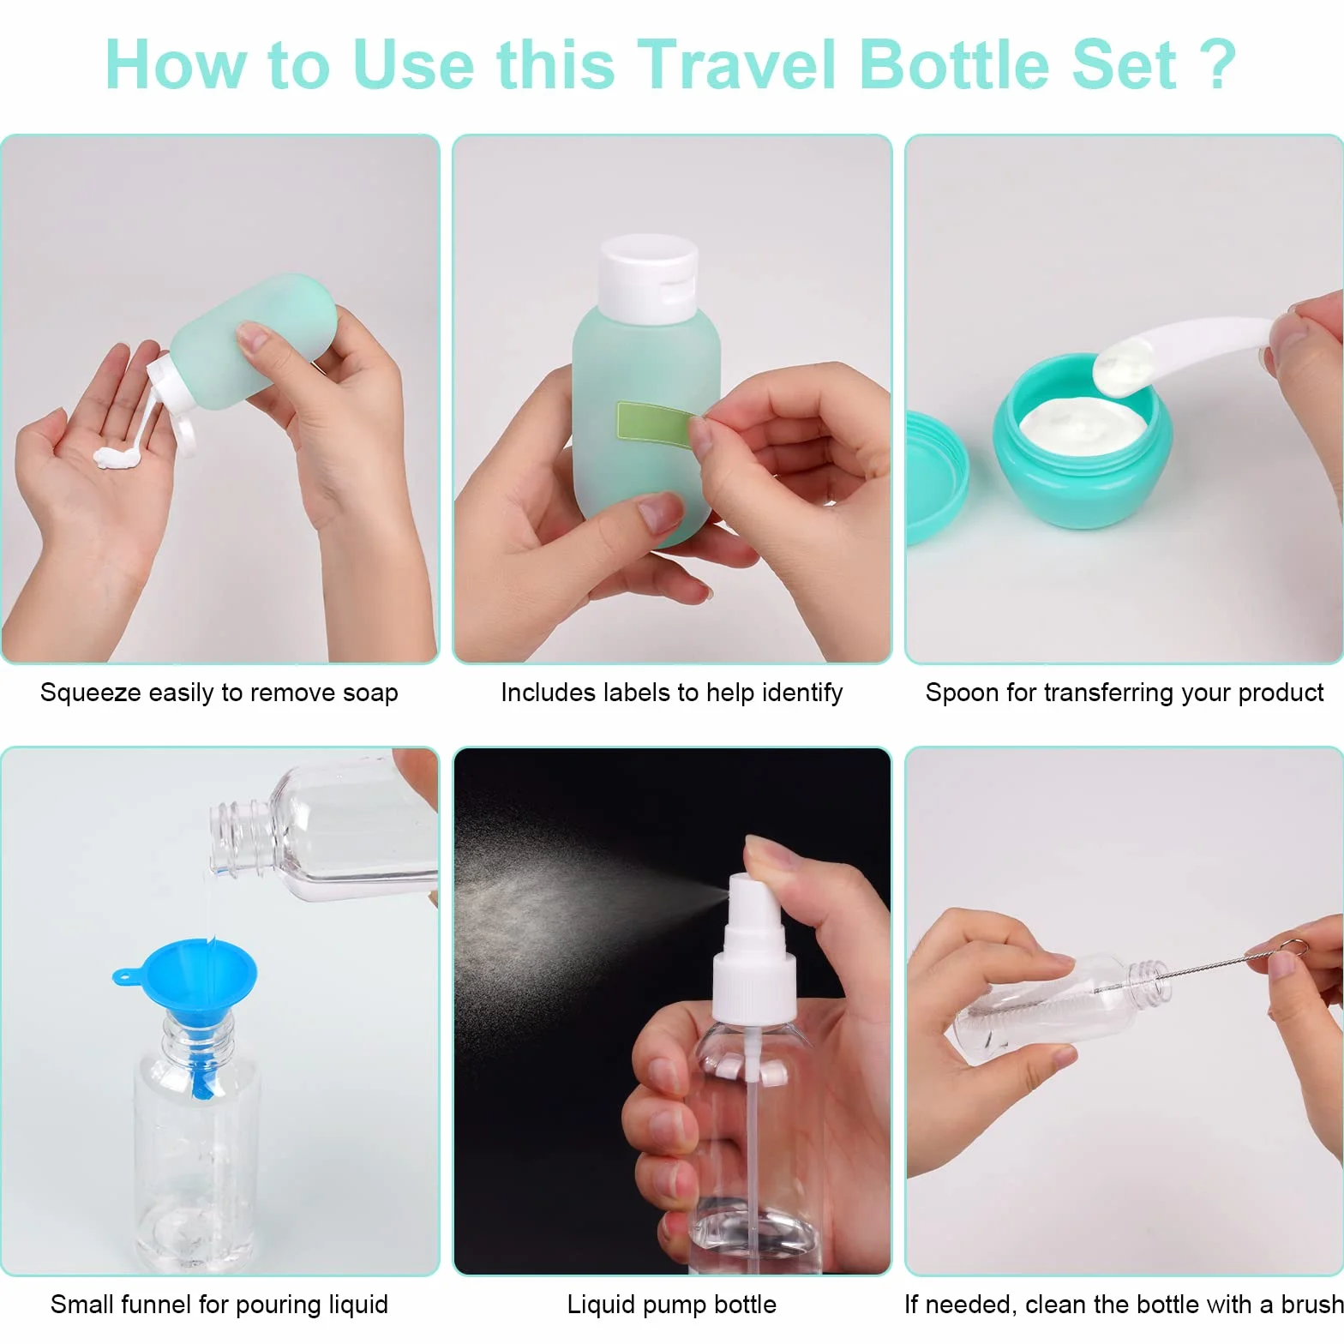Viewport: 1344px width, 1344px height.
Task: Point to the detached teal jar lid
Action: (x=934, y=477)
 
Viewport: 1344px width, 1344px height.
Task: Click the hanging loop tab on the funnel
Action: (x=127, y=975)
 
